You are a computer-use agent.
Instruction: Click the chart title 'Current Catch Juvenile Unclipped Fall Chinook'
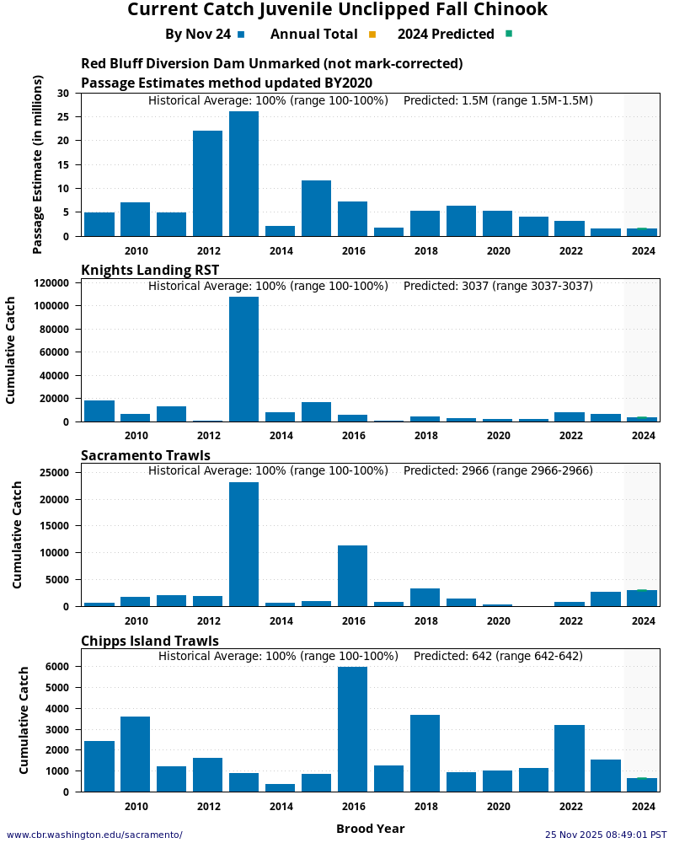point(337,10)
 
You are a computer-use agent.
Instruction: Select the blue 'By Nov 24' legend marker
point(241,35)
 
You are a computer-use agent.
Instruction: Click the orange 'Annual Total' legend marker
point(372,35)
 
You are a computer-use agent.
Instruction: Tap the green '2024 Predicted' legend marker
point(508,35)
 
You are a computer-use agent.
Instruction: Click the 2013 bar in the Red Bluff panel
point(243,174)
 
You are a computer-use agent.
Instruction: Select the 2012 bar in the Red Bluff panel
point(207,183)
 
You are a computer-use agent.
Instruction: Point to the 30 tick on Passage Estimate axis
point(63,93)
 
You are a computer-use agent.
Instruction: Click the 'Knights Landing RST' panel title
point(150,270)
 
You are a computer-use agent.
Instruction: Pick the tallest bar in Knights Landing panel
point(243,359)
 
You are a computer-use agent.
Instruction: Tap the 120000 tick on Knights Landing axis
point(51,283)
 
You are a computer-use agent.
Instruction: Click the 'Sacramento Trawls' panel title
point(145,455)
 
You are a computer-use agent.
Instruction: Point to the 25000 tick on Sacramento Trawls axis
point(54,473)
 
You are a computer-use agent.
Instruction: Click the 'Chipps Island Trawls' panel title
point(150,641)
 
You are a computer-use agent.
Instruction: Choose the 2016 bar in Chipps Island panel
point(352,729)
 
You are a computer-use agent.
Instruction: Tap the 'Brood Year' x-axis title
point(370,829)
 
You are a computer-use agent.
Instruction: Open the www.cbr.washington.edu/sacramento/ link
point(94,835)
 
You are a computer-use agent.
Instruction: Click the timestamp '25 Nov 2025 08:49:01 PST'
point(606,835)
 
